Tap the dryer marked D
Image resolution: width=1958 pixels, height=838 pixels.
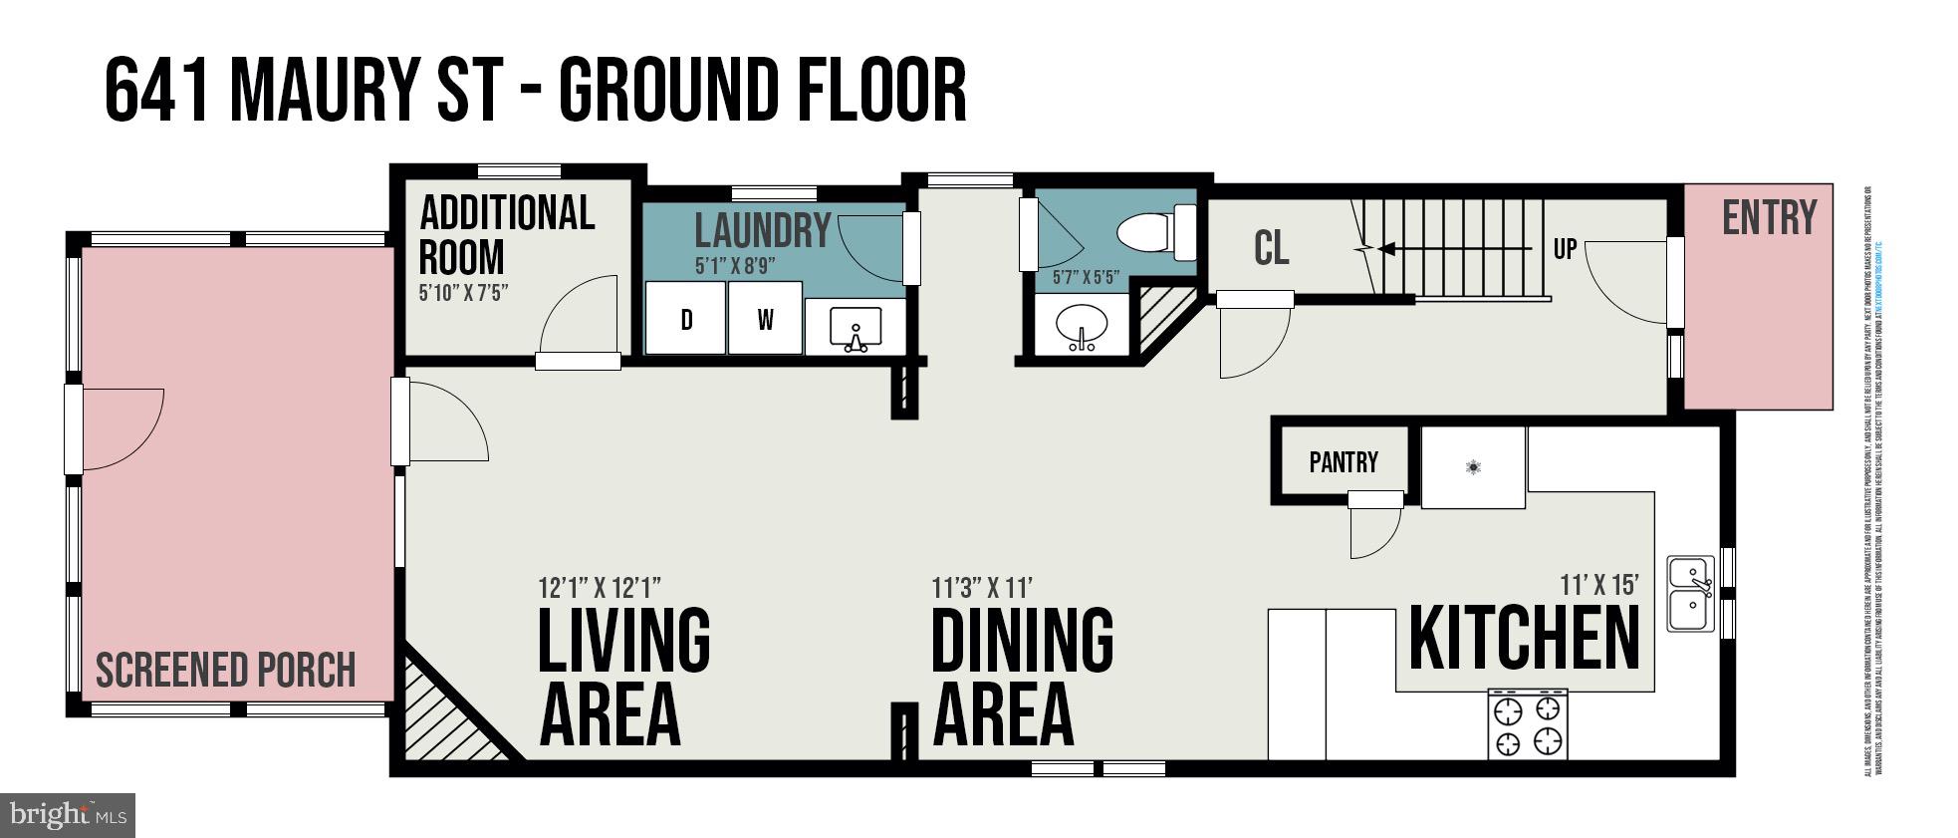(x=686, y=318)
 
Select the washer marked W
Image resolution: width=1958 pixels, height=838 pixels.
(x=765, y=318)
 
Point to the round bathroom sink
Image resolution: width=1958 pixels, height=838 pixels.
(x=1082, y=326)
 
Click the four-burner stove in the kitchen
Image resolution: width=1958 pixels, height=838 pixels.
(x=1528, y=724)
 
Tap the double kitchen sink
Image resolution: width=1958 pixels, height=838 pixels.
(x=1690, y=594)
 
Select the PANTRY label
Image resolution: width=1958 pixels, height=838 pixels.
(x=1344, y=462)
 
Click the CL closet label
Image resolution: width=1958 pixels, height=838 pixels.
(x=1271, y=248)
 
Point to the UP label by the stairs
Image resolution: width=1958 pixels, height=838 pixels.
(x=1565, y=249)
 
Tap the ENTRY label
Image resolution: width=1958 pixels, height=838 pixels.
(x=1769, y=218)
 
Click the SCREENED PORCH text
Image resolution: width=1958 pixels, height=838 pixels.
(x=226, y=671)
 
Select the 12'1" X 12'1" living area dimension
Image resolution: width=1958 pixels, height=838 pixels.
(x=600, y=586)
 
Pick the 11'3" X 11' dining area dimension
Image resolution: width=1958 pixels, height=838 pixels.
(x=982, y=587)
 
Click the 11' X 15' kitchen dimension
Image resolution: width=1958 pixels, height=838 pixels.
(x=1598, y=585)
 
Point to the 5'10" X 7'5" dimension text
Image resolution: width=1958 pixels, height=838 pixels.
(x=463, y=293)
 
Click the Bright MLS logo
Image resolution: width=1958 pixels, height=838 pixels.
(x=67, y=815)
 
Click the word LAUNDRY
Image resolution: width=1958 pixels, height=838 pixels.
(x=762, y=231)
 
